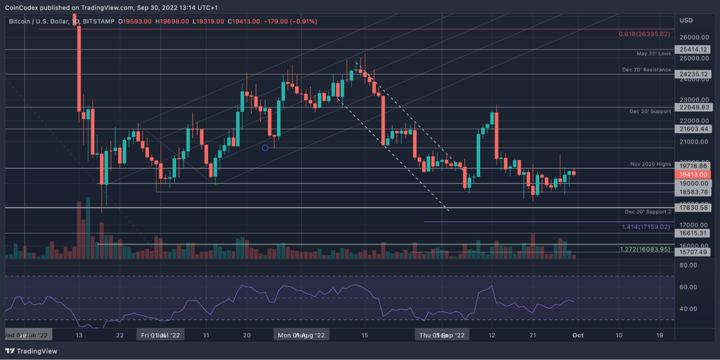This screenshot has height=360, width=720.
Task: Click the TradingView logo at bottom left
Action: [31, 351]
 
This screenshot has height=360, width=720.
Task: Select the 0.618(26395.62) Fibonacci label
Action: [644, 34]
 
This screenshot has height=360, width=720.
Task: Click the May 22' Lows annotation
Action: [654, 54]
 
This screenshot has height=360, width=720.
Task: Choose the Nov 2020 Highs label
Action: [650, 164]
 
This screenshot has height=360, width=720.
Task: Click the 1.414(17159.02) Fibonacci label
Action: [646, 227]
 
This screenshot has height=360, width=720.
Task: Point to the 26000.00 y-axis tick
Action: [694, 37]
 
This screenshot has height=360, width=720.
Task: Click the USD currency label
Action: [686, 21]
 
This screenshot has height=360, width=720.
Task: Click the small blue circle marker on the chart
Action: [265, 148]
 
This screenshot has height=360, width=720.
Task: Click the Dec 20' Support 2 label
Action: [648, 212]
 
